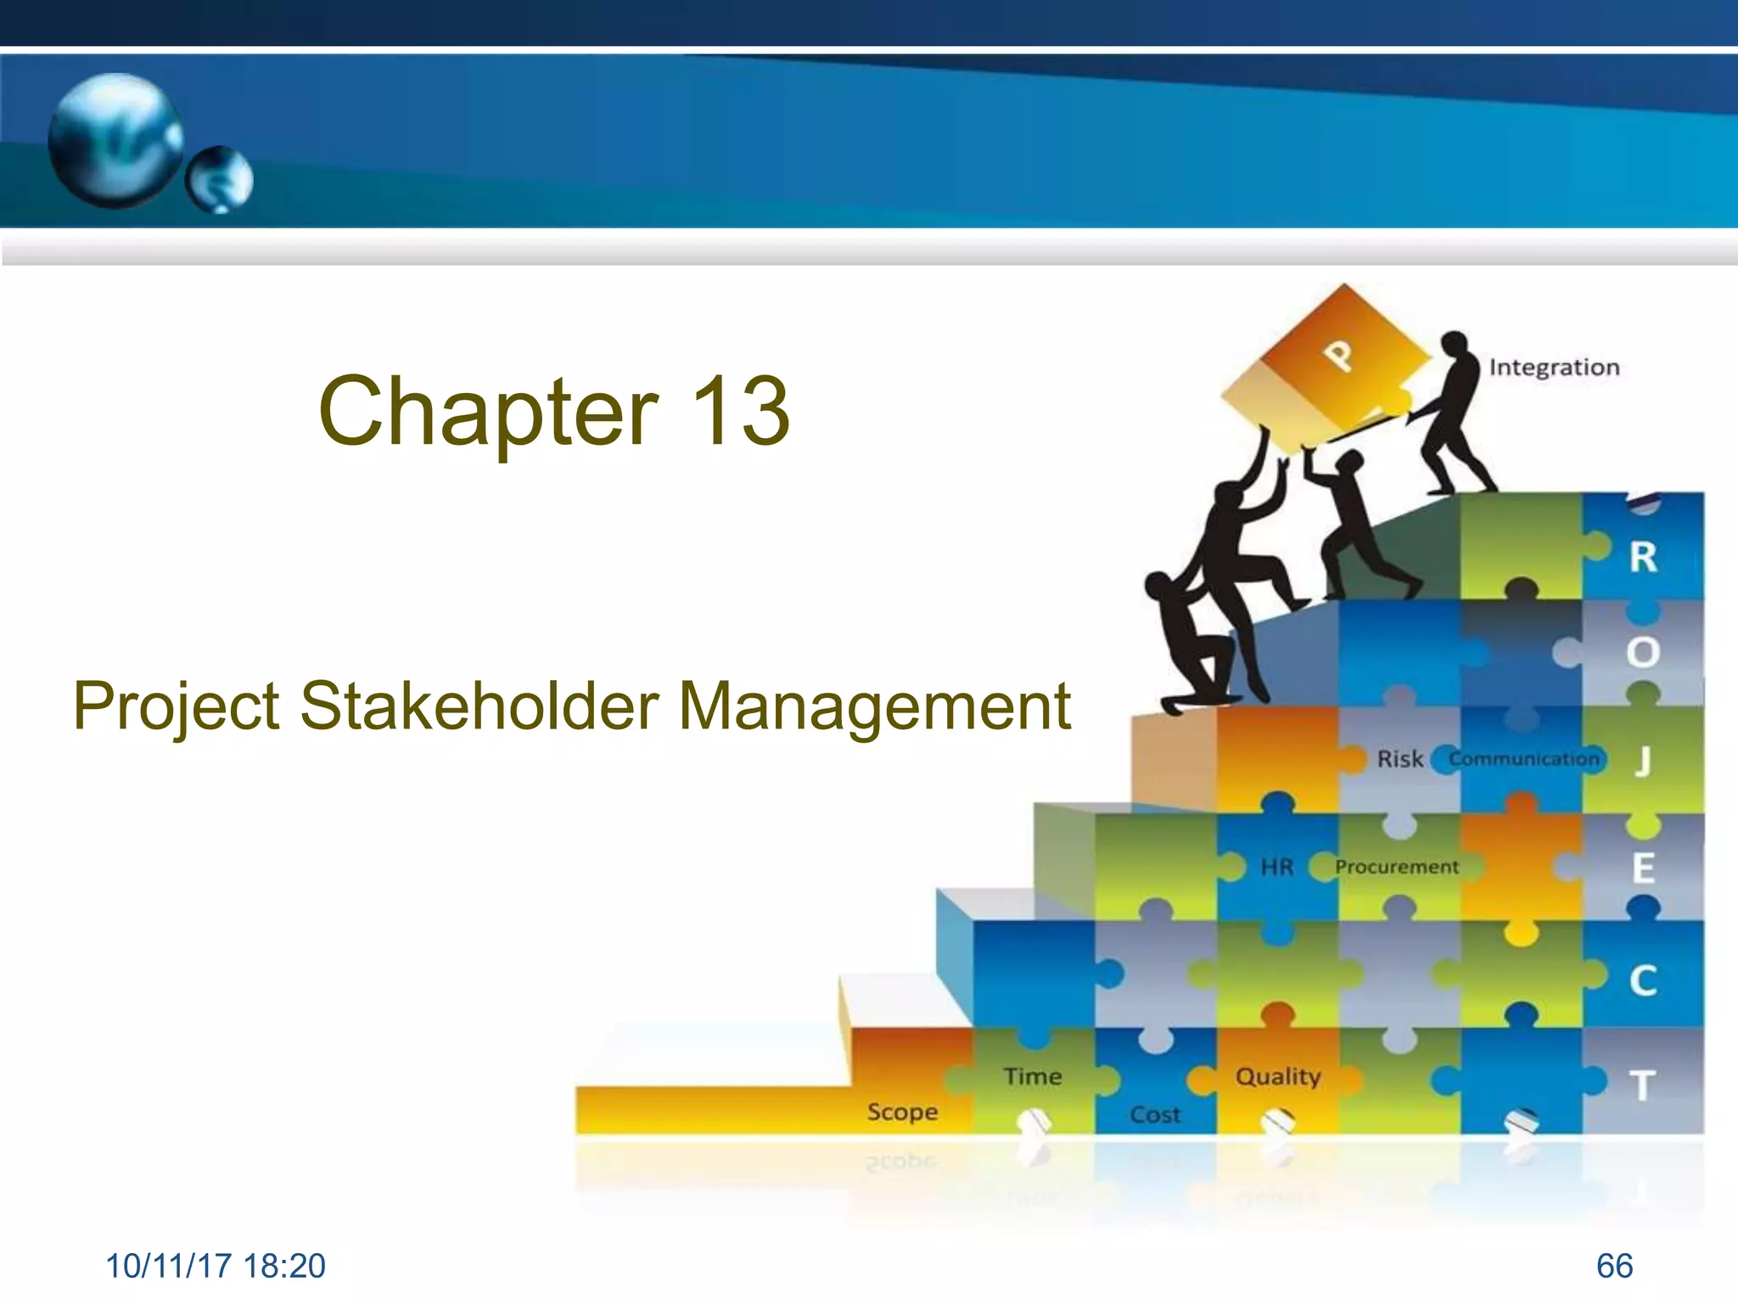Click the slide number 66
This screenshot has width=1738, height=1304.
click(x=1614, y=1266)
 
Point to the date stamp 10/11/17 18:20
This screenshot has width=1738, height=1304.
click(x=216, y=1266)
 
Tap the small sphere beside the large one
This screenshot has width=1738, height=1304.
click(x=220, y=179)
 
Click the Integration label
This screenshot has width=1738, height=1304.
click(x=1554, y=368)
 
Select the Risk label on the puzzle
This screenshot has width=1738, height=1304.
click(x=1399, y=759)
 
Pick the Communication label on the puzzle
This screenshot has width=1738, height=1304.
click(x=1523, y=759)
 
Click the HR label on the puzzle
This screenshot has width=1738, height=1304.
click(x=1276, y=867)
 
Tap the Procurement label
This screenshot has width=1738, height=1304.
click(x=1397, y=867)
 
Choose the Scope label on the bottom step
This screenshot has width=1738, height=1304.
click(x=902, y=1112)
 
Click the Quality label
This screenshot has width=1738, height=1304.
click(x=1278, y=1076)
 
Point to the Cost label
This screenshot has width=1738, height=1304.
click(x=1155, y=1115)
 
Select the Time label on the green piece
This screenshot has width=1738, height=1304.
click(x=1033, y=1076)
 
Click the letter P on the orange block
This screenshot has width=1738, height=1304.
click(x=1339, y=355)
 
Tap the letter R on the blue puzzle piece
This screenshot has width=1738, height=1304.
click(x=1643, y=558)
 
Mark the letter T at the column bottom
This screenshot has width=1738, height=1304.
click(x=1643, y=1086)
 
